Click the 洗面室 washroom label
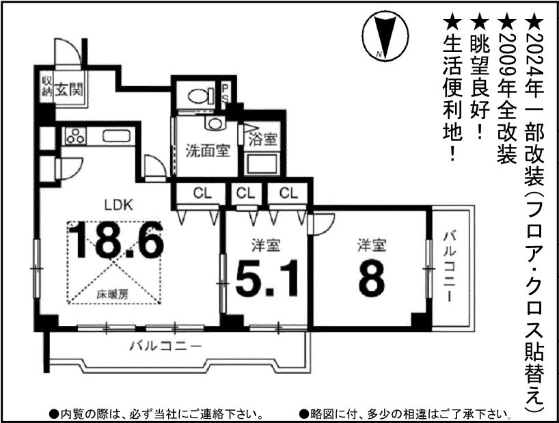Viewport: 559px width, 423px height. (207, 150)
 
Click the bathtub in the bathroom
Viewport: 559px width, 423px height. (261, 165)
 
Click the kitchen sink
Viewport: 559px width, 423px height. (115, 135)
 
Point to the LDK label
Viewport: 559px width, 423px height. (117, 203)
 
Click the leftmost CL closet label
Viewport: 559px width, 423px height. (201, 193)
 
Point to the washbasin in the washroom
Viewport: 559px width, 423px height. (215, 123)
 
